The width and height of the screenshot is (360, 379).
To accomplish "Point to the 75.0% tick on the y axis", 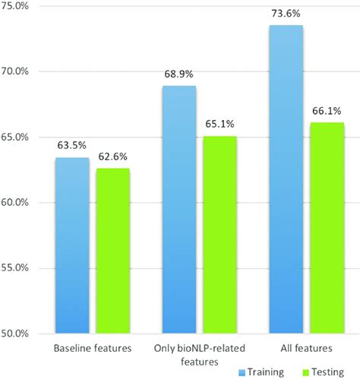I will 17,6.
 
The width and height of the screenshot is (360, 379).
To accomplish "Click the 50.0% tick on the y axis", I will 17,334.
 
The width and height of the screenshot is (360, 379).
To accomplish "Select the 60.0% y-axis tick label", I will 17,203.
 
